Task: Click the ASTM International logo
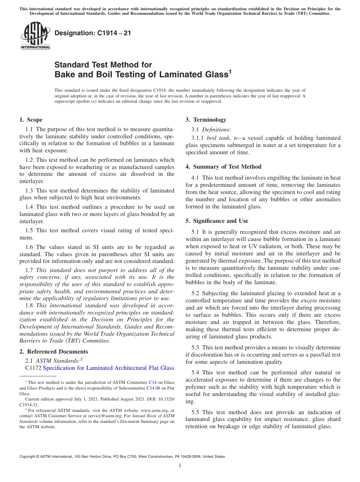pos(35,36)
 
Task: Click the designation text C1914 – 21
pos(93,33)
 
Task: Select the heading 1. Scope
pos(31,120)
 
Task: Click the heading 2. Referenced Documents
pos(54,352)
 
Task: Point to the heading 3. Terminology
pos(206,120)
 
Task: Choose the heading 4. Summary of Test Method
pos(224,167)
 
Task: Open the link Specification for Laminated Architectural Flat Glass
pos(109,368)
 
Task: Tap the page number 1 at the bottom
pos(180,465)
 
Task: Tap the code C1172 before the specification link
pos(33,368)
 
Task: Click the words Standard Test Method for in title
pos(103,65)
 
